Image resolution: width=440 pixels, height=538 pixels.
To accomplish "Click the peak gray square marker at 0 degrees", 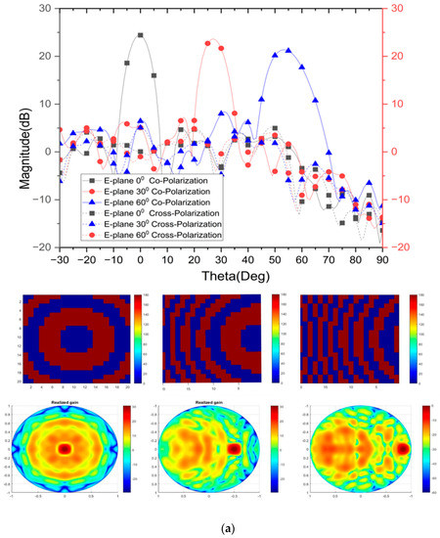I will tap(141, 35).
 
